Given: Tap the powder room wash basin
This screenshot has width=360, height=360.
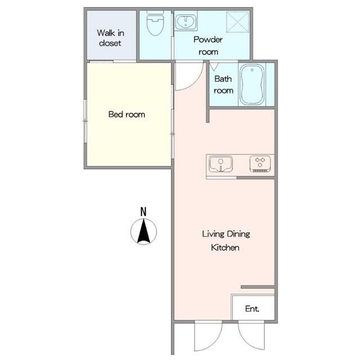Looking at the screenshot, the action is click(186, 22).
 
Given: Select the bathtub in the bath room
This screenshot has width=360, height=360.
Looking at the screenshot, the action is click(252, 84).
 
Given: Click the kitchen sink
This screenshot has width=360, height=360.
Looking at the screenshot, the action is click(220, 164).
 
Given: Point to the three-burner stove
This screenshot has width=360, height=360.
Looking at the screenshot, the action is click(260, 164).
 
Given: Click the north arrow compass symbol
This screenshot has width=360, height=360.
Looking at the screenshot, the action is click(144, 231).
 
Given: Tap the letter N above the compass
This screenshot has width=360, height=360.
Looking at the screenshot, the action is click(143, 211).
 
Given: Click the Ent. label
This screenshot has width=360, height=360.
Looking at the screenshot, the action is click(252, 309).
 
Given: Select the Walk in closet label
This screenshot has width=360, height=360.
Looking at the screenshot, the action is click(110, 38).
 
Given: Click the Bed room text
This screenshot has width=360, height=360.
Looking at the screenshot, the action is click(127, 114).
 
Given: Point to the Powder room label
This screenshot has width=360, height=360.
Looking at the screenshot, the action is click(208, 46).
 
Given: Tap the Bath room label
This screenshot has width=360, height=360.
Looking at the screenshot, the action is click(223, 85).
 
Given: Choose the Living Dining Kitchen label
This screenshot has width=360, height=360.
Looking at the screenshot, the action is click(226, 241).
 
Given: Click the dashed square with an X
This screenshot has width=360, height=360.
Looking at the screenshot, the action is click(237, 22).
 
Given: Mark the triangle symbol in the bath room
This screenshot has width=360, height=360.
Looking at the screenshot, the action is click(214, 66).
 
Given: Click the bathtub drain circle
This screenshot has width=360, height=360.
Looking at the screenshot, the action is click(252, 70).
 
